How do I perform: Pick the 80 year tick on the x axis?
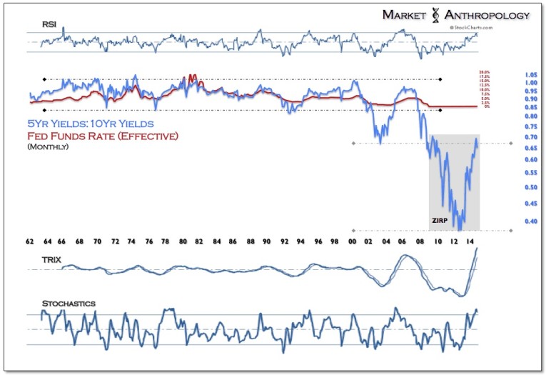pyautogui.click(x=183, y=242)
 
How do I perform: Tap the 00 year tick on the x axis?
pyautogui.click(x=353, y=242)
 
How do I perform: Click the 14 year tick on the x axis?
pyautogui.click(x=471, y=242)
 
